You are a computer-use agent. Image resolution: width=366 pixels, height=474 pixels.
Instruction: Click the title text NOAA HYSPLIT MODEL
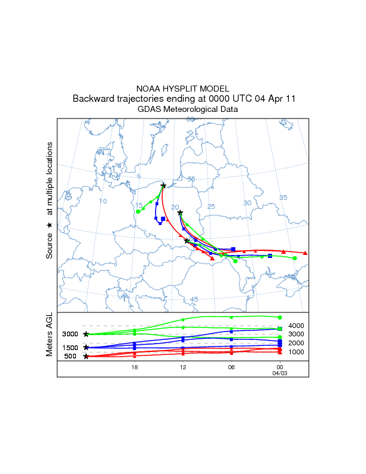point(182,89)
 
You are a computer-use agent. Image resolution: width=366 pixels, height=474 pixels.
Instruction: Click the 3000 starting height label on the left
point(71,334)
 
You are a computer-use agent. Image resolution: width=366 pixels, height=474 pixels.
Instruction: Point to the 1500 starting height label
point(71,348)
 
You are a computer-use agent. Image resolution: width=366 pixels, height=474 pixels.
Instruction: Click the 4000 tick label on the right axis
point(297,326)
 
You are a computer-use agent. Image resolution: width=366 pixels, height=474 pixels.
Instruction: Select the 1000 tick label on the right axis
point(297,352)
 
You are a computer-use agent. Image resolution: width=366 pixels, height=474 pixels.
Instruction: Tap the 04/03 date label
point(279,372)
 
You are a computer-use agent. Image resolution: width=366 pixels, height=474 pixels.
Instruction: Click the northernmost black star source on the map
point(163,186)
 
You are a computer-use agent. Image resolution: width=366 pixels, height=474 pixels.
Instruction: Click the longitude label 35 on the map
point(283,197)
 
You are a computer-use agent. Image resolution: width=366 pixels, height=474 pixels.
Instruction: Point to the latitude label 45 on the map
point(194,299)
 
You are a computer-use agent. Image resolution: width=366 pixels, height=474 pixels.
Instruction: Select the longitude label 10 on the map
point(103,201)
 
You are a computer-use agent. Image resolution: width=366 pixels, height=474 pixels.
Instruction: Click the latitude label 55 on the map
point(191,179)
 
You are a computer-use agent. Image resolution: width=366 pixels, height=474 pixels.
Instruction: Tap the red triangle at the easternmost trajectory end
point(306,253)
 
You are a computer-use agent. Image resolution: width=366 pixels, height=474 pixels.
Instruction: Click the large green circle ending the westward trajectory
point(138,211)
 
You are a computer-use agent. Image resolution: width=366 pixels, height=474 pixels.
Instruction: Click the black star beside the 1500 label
point(86,347)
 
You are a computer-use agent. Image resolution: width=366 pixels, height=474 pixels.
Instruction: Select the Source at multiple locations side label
point(50,200)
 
